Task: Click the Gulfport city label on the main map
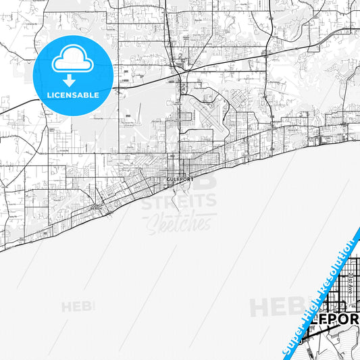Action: coord(180,180)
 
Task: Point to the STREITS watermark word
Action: coord(178,201)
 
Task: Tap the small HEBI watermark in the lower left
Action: coord(78,307)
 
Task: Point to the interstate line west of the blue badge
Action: coord(27,104)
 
